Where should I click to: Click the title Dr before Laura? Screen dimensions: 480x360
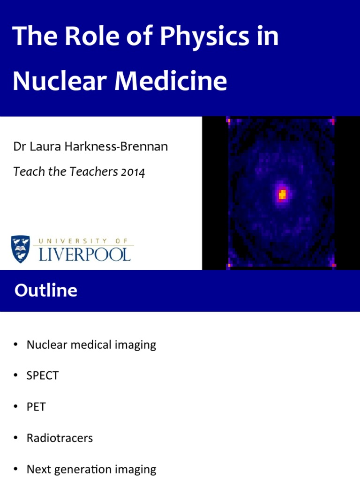click(19, 147)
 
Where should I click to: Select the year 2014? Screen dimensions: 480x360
click(133, 172)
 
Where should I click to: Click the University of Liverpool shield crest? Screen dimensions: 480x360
click(21, 249)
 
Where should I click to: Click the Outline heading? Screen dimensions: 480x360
click(45, 291)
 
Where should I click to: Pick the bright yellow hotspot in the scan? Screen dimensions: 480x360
click(282, 194)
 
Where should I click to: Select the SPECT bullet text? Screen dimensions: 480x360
click(43, 376)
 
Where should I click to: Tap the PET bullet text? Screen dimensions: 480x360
click(36, 407)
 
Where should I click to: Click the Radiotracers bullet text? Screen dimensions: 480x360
click(60, 438)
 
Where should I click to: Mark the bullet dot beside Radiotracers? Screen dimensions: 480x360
click(16, 438)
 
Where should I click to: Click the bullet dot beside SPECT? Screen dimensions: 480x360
click(16, 376)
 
